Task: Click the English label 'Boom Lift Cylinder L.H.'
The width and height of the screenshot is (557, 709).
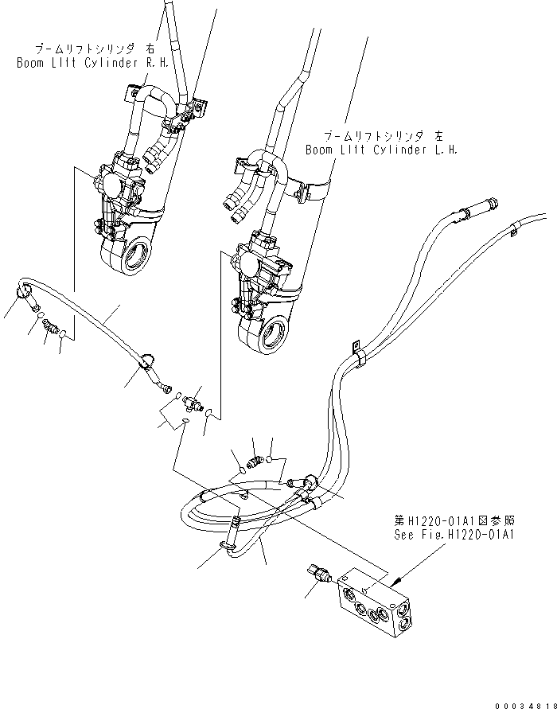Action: [381, 149]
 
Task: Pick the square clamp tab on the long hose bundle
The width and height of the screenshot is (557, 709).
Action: [356, 347]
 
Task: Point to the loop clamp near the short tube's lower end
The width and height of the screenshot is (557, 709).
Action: [148, 363]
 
